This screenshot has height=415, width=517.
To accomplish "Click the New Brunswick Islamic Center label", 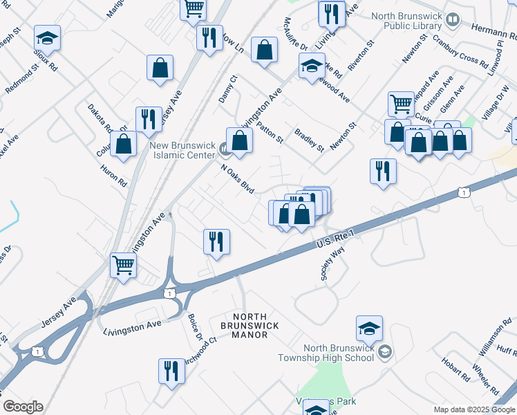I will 182,150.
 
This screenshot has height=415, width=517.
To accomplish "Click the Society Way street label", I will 332,265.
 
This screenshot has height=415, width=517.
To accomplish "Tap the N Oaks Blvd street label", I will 238,179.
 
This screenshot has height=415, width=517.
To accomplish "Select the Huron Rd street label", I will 114,174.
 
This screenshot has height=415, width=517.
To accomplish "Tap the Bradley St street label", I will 309,139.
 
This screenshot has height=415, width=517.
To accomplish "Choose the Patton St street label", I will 270,130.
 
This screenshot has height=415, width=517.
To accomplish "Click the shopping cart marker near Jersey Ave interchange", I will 123,264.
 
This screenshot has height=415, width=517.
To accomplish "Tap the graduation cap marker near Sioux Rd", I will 48,37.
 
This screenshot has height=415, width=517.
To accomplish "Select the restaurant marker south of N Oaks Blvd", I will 216,241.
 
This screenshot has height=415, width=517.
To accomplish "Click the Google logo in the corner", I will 23,407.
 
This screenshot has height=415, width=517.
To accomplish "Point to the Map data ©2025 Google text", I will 473,409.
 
